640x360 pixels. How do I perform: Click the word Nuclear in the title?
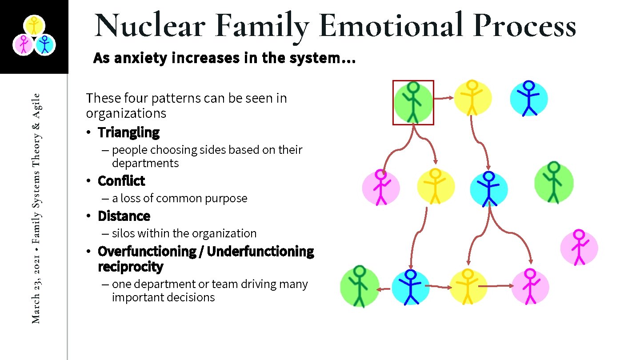[149, 26]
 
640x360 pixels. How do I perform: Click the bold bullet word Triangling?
[128, 132]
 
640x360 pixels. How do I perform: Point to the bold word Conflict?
[121, 181]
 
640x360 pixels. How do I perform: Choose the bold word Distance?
[124, 216]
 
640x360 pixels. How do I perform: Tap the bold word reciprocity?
[131, 267]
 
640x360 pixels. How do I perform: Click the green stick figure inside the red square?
[413, 102]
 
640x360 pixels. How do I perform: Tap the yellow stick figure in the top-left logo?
[33, 25]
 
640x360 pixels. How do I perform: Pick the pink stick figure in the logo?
[23, 45]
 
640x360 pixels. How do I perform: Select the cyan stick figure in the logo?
[44, 45]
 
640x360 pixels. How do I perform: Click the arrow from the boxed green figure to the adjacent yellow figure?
[443, 98]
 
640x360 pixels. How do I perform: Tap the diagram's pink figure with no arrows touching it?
[579, 248]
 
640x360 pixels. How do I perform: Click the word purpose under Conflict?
[227, 198]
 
